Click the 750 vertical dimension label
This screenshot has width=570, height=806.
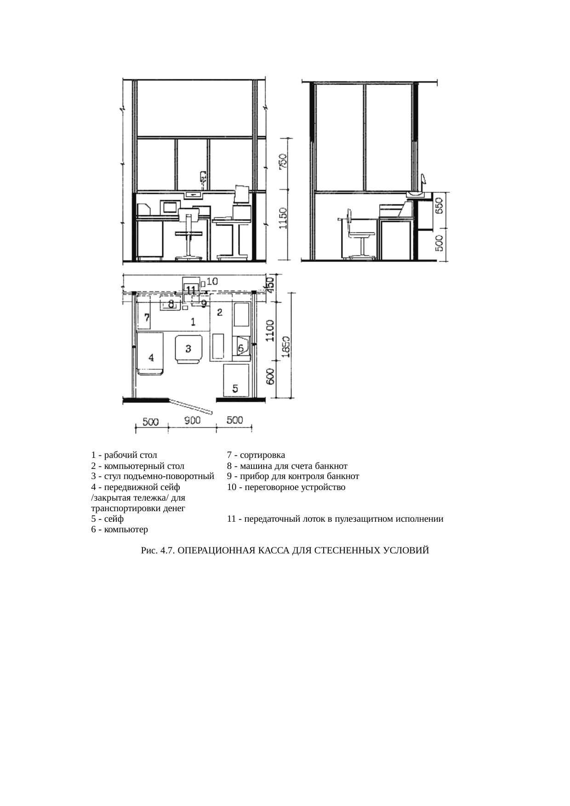(284, 162)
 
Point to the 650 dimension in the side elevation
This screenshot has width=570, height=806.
(439, 206)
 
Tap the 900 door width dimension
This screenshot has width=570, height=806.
(192, 421)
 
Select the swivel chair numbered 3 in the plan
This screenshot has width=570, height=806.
(188, 349)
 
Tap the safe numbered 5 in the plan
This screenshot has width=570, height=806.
(236, 380)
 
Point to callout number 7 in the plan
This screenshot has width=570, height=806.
(147, 317)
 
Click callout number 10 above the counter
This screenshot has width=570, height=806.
(212, 281)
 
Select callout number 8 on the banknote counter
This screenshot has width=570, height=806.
(171, 304)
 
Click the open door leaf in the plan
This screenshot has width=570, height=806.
(190, 406)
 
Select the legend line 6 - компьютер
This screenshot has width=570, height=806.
(120, 530)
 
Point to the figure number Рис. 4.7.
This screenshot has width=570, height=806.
(158, 550)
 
